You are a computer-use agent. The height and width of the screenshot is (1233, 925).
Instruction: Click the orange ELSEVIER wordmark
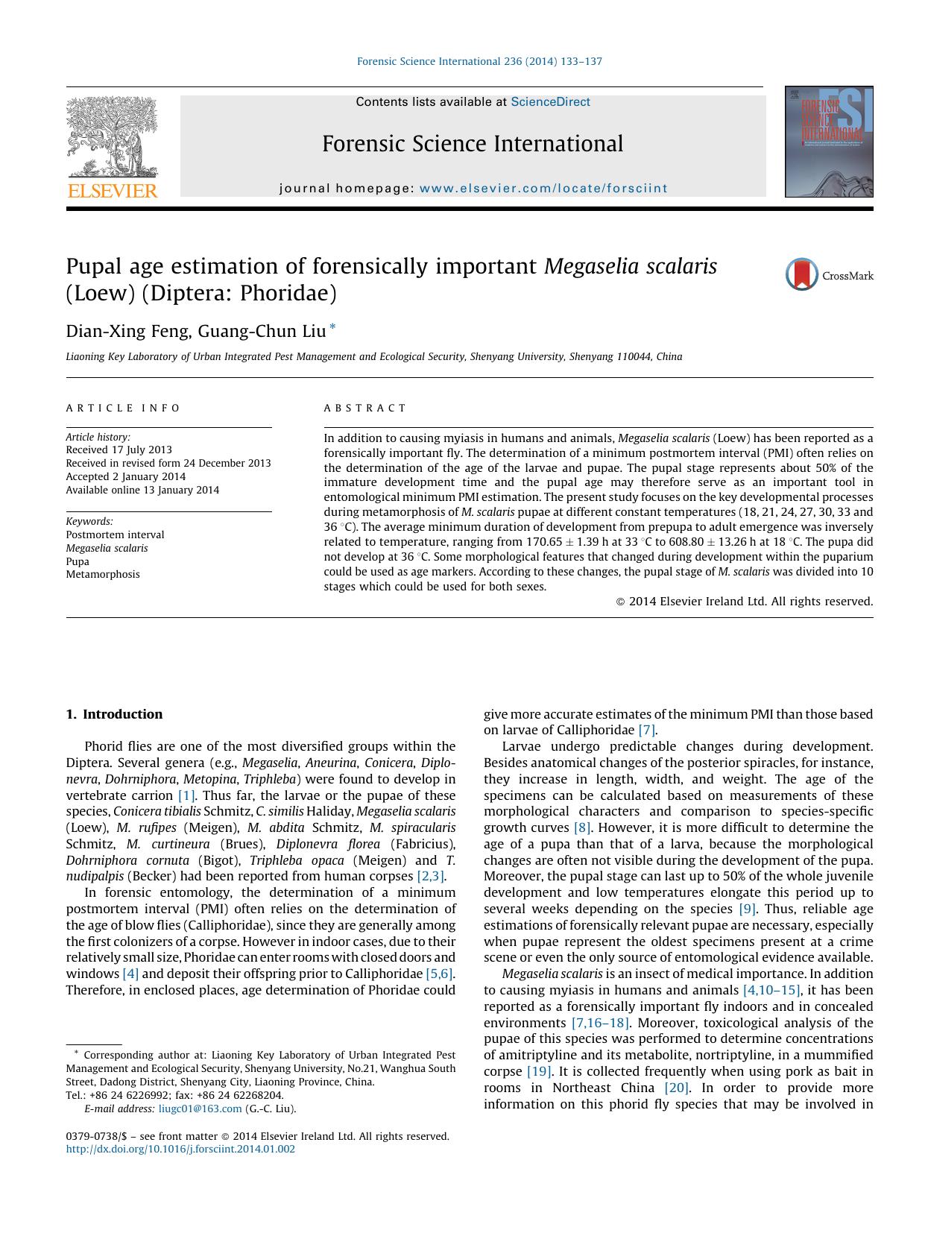[x=113, y=191]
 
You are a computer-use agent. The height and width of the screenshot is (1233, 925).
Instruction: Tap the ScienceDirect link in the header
[x=550, y=102]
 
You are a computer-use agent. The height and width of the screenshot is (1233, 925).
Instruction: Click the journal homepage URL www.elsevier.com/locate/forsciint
[x=543, y=189]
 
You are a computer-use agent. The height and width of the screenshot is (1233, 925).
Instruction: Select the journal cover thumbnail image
[x=828, y=142]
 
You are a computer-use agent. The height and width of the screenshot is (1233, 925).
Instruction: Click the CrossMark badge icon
[x=802, y=275]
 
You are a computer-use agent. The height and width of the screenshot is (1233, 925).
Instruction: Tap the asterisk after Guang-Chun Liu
[x=332, y=327]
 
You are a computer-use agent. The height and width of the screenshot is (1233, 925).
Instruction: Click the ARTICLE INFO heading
[x=123, y=408]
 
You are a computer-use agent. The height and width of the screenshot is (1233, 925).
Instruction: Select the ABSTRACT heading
[x=365, y=408]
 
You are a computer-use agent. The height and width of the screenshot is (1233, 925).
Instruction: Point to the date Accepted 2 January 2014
[x=125, y=476]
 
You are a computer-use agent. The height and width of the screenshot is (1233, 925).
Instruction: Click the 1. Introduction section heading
[x=114, y=714]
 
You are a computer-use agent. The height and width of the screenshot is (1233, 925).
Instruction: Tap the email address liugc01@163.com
[x=200, y=1109]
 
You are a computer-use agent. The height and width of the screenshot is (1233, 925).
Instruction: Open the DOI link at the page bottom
[x=180, y=1149]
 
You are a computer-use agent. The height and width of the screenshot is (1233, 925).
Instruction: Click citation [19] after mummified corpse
[x=538, y=1071]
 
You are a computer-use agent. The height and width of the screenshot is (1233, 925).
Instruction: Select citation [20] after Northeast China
[x=676, y=1088]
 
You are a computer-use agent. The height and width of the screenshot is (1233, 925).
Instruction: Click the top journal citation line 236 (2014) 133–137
[x=479, y=61]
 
